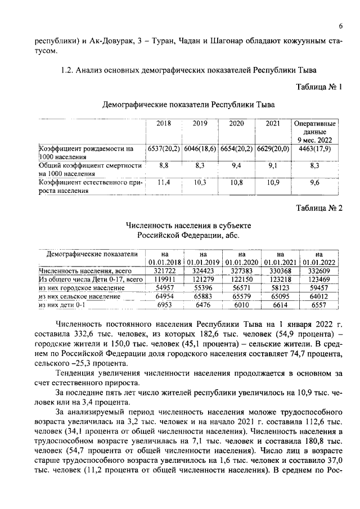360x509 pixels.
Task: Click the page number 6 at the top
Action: [x=341, y=27]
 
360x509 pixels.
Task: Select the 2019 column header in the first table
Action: [x=200, y=123]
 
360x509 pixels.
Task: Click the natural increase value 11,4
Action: [x=164, y=183]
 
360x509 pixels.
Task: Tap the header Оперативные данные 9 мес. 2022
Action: [x=315, y=131]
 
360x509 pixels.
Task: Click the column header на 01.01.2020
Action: [x=241, y=258]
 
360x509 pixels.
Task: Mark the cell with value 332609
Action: [x=318, y=271]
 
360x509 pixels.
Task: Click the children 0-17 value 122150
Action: [x=241, y=279]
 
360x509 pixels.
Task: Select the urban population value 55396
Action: [x=203, y=287]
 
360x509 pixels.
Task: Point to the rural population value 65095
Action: [x=280, y=296]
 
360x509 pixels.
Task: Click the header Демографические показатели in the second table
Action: [x=92, y=254]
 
